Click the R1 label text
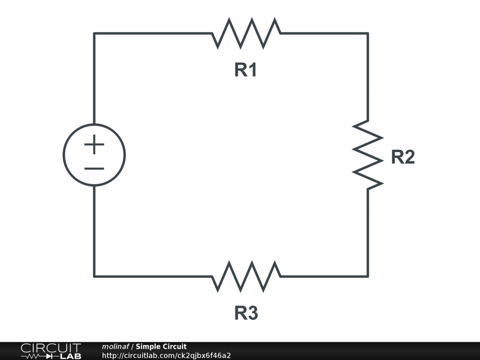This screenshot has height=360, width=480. [x=246, y=70]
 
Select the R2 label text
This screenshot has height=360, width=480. [x=403, y=157]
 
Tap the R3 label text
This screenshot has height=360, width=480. [x=246, y=313]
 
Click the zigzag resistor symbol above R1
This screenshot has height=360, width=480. [x=246, y=33]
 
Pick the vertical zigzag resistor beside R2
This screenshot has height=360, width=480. [x=367, y=155]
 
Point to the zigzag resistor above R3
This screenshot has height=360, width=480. [x=246, y=277]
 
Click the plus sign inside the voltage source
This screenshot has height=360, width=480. [x=94, y=144]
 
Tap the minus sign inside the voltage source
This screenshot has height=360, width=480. [x=94, y=168]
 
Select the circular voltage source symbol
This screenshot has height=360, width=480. [x=94, y=124]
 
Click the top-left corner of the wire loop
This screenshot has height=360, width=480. [x=94, y=33]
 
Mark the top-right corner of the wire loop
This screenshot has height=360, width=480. [x=367, y=33]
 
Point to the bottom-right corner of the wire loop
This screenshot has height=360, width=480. [x=367, y=277]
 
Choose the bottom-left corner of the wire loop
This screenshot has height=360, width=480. [x=94, y=277]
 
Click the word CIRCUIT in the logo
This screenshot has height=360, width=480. [x=51, y=348]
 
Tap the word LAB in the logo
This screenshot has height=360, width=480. [x=71, y=356]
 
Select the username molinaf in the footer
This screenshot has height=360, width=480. [x=115, y=346]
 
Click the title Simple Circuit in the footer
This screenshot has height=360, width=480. [x=161, y=346]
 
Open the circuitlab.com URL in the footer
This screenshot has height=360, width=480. [x=166, y=355]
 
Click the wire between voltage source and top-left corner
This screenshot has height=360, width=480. [x=94, y=78]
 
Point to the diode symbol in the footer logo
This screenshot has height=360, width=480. [x=49, y=357]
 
